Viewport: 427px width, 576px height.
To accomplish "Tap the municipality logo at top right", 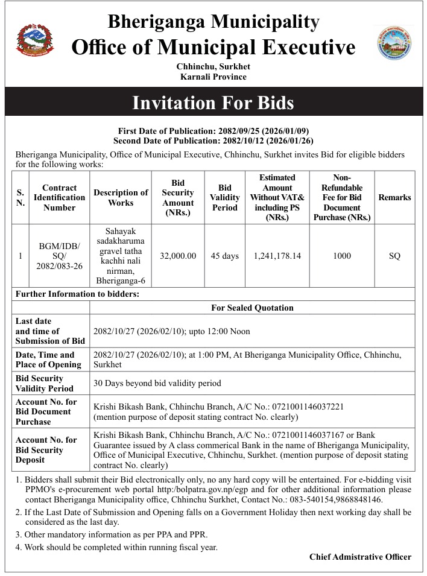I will pyautogui.click(x=395, y=42).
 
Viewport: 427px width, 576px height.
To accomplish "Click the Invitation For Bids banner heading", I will pyautogui.click(x=213, y=103).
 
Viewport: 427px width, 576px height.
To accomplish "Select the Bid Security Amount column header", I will pyautogui.click(x=178, y=197).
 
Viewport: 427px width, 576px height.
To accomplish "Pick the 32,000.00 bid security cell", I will pyautogui.click(x=178, y=256).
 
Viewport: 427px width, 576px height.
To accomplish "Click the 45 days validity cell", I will pyautogui.click(x=224, y=256).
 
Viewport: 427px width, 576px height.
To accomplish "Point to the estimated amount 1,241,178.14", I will pyautogui.click(x=277, y=256).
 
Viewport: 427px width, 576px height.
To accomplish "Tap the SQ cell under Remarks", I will pyautogui.click(x=394, y=256).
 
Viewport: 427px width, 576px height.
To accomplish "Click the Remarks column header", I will pyautogui.click(x=394, y=197).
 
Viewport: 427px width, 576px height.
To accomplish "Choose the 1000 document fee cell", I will pyautogui.click(x=341, y=256).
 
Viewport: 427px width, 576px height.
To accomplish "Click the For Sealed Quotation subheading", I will pyautogui.click(x=252, y=308).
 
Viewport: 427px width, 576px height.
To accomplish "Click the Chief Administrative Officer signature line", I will pyautogui.click(x=360, y=557).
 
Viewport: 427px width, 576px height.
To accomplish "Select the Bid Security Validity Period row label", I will pyautogui.click(x=45, y=384).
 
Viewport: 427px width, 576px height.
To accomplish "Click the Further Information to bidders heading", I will pyautogui.click(x=77, y=294).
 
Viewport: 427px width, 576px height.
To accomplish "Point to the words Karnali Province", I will pyautogui.click(x=213, y=77).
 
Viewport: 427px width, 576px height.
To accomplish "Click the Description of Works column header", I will pyautogui.click(x=121, y=197).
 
